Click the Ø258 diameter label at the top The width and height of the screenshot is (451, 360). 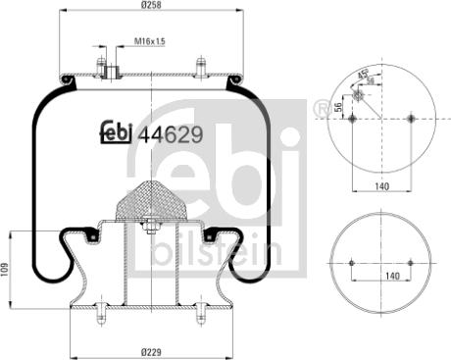click(x=151, y=6)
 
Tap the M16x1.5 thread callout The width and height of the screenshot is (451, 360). click(x=148, y=42)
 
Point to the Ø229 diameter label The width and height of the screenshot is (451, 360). click(x=151, y=351)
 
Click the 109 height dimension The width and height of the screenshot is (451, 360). click(x=6, y=268)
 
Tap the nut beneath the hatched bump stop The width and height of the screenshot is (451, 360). click(x=151, y=230)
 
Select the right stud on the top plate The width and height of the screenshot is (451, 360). click(x=201, y=69)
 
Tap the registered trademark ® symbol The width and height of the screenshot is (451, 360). click(x=321, y=107)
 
